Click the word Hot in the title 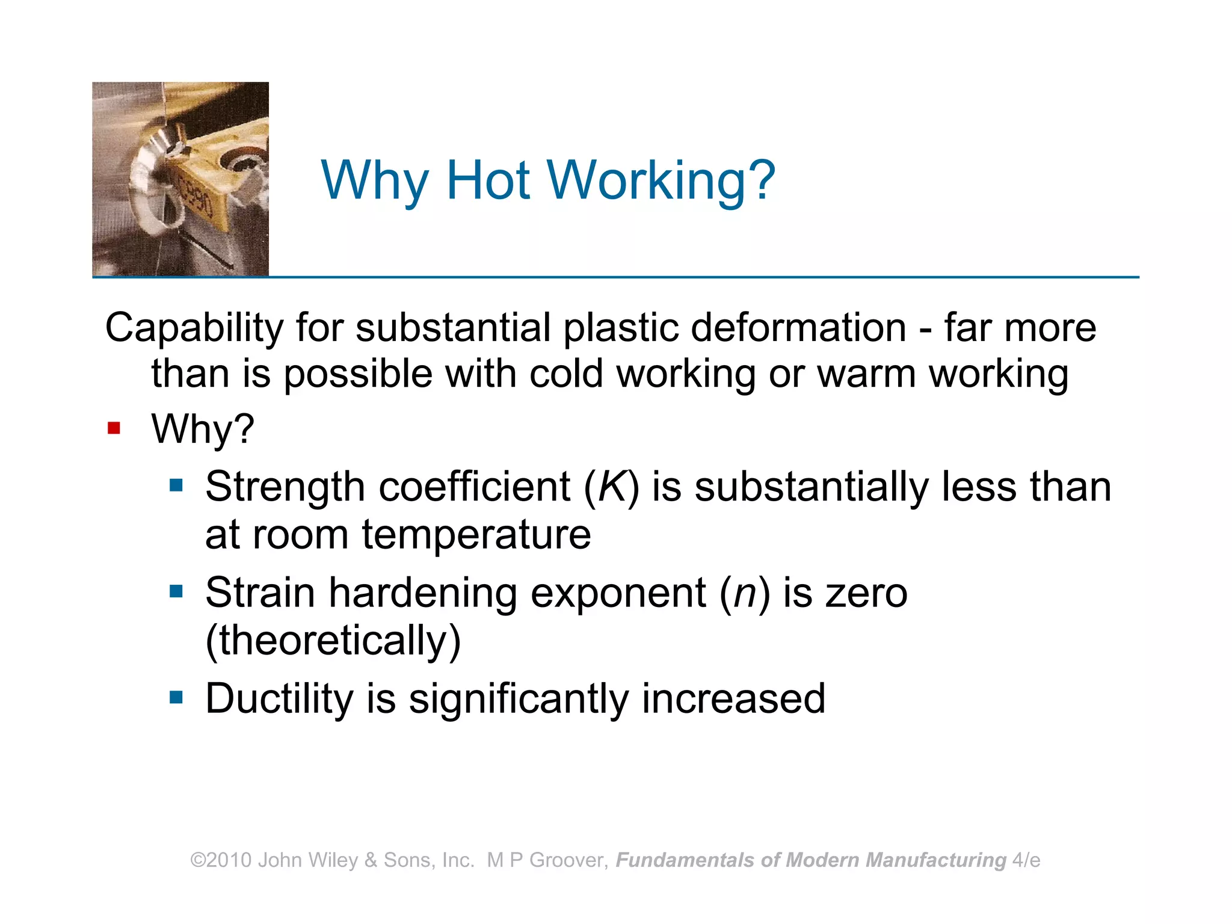pos(488,180)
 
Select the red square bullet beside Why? pos(114,428)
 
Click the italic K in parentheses pos(611,487)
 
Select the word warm pos(867,374)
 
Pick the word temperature pos(476,535)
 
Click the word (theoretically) pos(333,641)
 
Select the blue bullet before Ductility pos(176,698)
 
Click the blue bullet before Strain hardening pos(176,592)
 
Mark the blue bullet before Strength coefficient pos(176,485)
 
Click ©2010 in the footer pos(221,860)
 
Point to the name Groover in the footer pos(569,860)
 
